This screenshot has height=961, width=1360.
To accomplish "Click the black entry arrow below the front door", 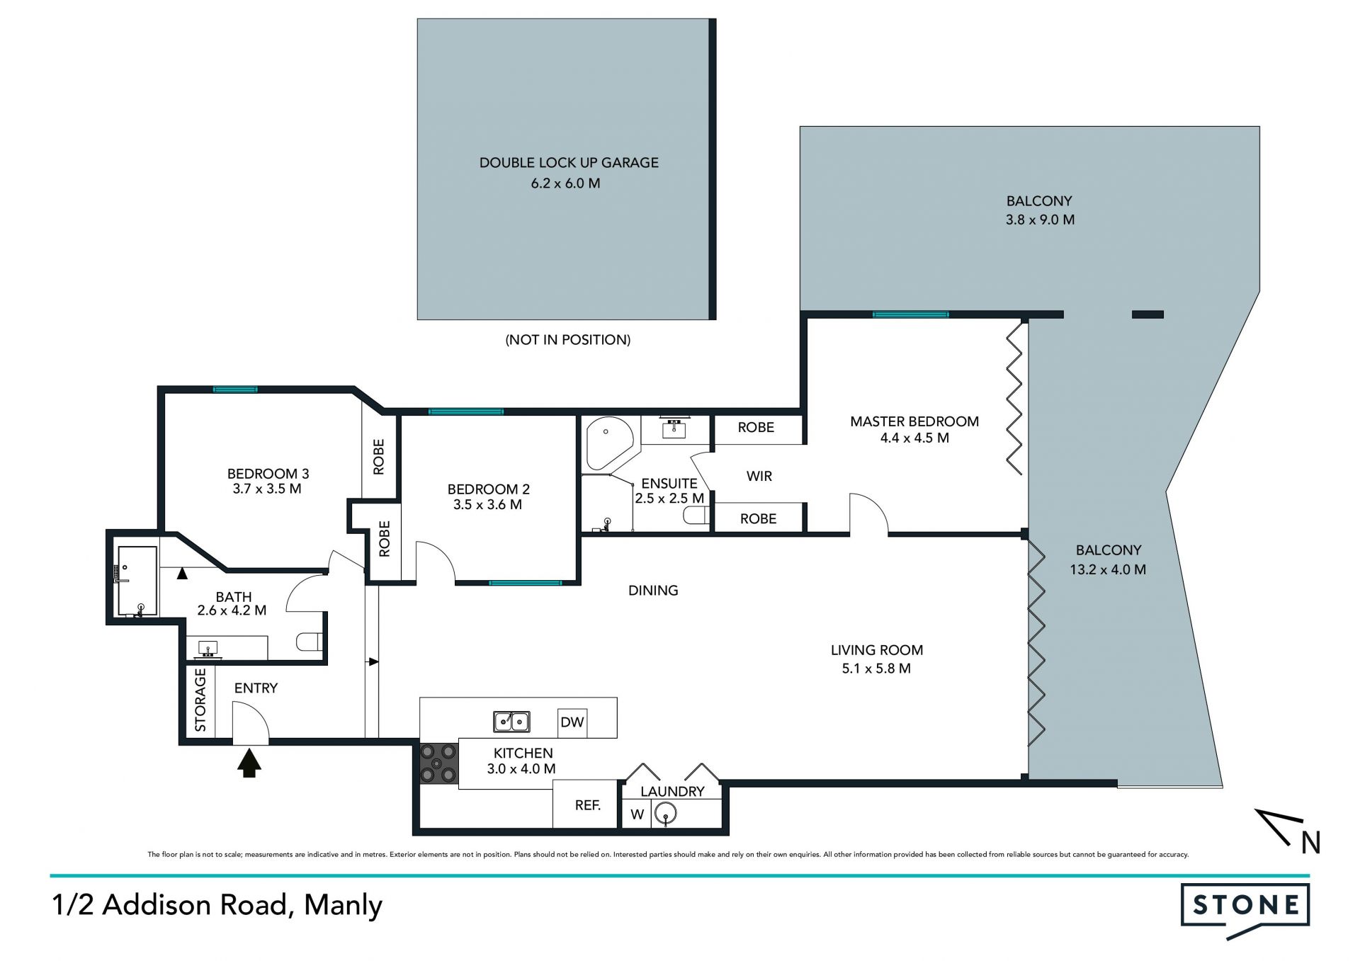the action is (x=249, y=763).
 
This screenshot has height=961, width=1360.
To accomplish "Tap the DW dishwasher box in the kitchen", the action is (x=572, y=722).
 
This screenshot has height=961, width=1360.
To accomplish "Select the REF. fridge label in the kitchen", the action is (x=588, y=805).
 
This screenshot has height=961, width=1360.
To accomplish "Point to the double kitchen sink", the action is (x=511, y=722).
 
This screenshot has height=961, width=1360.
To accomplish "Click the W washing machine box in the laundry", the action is (x=637, y=814).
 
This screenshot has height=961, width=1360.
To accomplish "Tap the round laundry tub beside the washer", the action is (x=666, y=814).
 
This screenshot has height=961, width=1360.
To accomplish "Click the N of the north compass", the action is (x=1311, y=843).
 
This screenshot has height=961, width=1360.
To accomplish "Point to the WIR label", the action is (x=759, y=477).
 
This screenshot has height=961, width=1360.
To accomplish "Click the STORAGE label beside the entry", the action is (x=200, y=700).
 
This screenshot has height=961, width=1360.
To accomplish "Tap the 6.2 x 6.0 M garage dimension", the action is (x=566, y=183).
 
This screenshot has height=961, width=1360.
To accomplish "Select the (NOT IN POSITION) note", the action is (x=568, y=340).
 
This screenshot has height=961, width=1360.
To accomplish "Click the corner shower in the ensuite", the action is (x=608, y=443).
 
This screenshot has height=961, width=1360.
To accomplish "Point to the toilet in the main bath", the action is (x=310, y=642).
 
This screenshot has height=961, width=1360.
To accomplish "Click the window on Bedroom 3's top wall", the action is (x=236, y=389).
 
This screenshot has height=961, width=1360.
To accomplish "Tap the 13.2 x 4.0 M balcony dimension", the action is (x=1108, y=569).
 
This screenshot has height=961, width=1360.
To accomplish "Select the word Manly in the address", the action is (x=344, y=906).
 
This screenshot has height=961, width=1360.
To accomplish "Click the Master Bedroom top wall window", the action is (x=910, y=314).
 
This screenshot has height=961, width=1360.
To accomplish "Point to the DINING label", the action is (x=653, y=590).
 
